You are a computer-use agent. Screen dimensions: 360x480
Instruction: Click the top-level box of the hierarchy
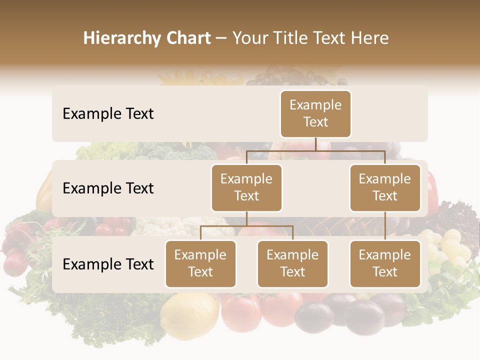pyautogui.click(x=315, y=114)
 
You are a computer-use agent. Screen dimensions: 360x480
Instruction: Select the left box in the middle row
pyautogui.click(x=246, y=188)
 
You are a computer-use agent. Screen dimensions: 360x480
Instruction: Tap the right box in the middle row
pyautogui.click(x=385, y=188)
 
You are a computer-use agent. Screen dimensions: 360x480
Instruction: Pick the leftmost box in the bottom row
pyautogui.click(x=200, y=264)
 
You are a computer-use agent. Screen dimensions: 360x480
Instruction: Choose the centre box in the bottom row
pyautogui.click(x=292, y=264)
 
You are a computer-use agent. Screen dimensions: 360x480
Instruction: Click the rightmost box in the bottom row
pyautogui.click(x=385, y=264)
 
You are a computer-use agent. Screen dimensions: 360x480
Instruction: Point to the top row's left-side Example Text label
pyautogui.click(x=108, y=114)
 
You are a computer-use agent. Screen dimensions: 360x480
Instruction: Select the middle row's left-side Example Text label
pyautogui.click(x=108, y=188)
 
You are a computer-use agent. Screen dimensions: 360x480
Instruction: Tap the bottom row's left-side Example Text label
pyautogui.click(x=108, y=264)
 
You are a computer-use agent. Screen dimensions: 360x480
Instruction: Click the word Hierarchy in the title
pyautogui.click(x=122, y=38)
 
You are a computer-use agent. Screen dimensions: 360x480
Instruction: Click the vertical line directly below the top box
pyautogui.click(x=315, y=144)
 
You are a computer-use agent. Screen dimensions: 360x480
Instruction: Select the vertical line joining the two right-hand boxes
pyautogui.click(x=385, y=226)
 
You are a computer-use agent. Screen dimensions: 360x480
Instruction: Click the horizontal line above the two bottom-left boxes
pyautogui.click(x=246, y=226)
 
